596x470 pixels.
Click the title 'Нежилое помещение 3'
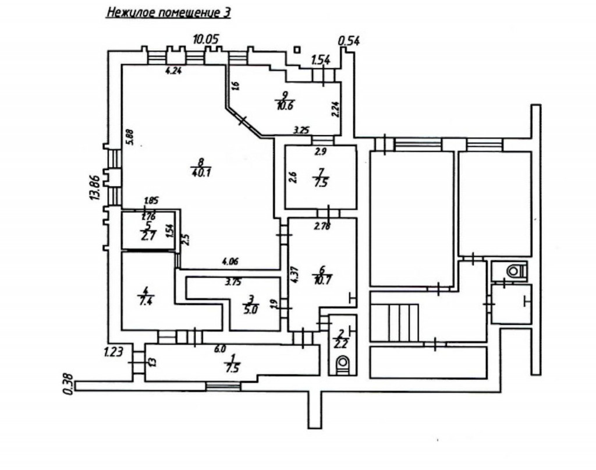coord(168,13)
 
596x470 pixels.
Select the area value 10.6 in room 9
coord(284,105)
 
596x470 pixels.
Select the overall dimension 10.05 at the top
coord(205,40)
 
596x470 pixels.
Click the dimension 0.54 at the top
coord(349,41)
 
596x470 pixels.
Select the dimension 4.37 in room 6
coord(295,274)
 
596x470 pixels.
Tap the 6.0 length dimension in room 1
coord(219,349)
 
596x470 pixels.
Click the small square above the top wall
coord(297,50)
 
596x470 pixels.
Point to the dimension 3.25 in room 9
coord(301,130)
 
